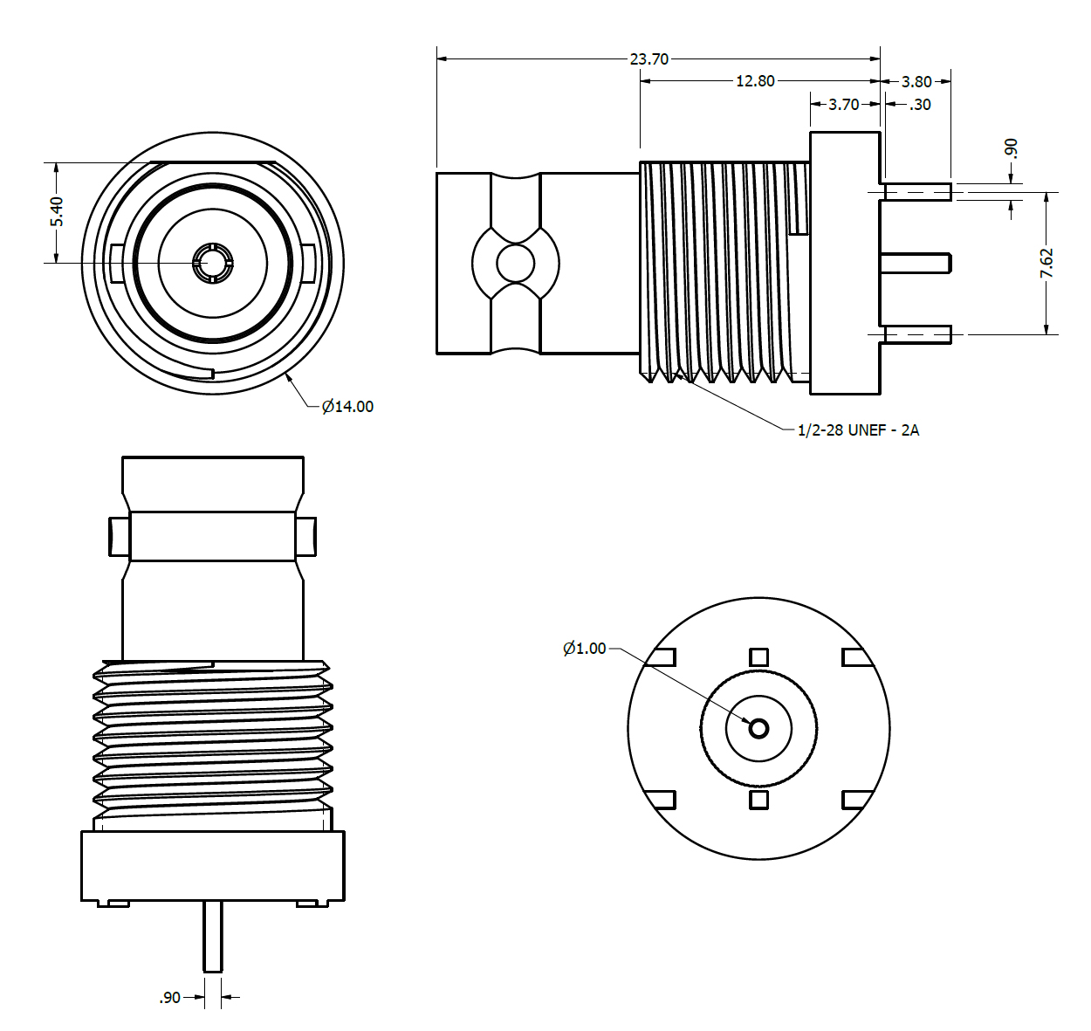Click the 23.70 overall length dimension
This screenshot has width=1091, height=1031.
point(648,58)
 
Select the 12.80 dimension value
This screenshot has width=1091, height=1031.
point(755,80)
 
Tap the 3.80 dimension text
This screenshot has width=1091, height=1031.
point(916,81)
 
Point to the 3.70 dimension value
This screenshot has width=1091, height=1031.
point(843,104)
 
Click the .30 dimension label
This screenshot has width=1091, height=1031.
point(920,104)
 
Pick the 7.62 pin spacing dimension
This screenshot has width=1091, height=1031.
point(1046,263)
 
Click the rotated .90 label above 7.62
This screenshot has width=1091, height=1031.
point(1012,148)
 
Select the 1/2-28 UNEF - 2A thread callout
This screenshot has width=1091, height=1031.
point(858,430)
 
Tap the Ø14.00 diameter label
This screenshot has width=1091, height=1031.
point(347,406)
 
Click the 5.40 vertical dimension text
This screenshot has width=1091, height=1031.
point(57,211)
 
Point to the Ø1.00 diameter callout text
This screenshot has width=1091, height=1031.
point(584,648)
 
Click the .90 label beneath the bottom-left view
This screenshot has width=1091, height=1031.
point(170,997)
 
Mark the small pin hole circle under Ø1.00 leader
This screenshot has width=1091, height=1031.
point(758,728)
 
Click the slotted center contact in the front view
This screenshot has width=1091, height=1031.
point(212,263)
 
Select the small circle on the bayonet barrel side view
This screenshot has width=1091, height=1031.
point(515,262)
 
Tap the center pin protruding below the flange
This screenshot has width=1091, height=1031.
point(212,936)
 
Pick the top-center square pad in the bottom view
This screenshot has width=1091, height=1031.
point(758,656)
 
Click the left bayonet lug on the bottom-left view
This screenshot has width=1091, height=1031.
point(119,536)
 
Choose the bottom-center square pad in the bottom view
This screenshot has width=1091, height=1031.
point(758,799)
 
